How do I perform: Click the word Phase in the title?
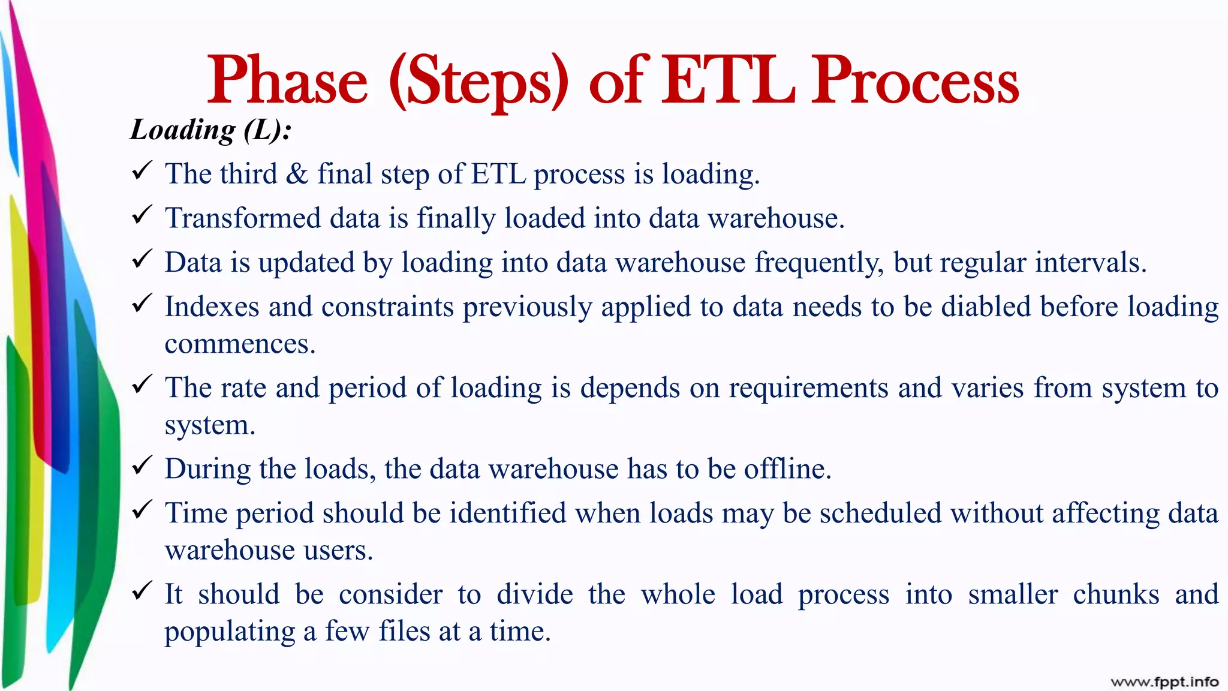[x=287, y=80]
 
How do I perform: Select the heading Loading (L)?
[x=211, y=130]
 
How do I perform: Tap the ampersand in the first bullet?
[x=297, y=174]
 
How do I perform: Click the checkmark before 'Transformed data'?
[x=142, y=215]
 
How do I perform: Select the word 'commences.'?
[x=240, y=344]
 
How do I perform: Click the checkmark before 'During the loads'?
[x=142, y=466]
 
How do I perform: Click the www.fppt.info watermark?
[x=1164, y=682]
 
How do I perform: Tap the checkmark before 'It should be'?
[x=142, y=591]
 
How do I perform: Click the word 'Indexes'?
[x=212, y=307]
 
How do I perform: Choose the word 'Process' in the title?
[x=916, y=80]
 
